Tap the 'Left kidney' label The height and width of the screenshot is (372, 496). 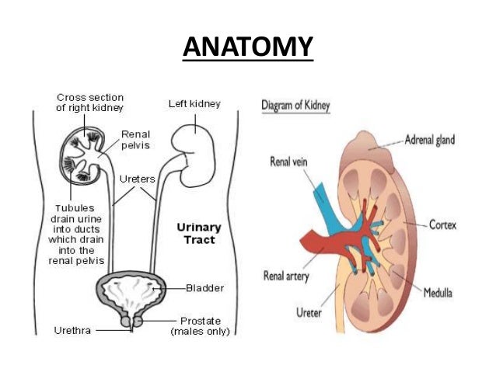pyautogui.click(x=194, y=103)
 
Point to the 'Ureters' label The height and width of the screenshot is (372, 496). pyautogui.click(x=137, y=180)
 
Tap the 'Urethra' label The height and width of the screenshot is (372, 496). pyautogui.click(x=74, y=329)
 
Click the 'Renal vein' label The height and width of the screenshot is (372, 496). pyautogui.click(x=290, y=163)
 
